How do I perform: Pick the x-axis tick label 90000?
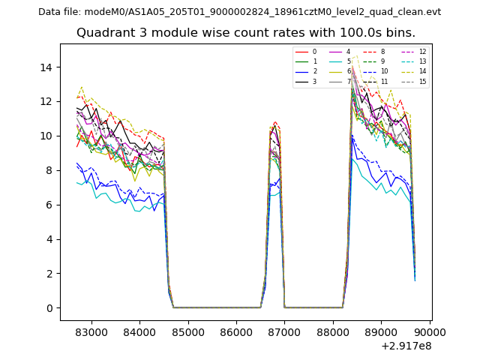[x=430, y=331]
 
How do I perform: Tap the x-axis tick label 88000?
[x=333, y=331]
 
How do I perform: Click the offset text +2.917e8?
[x=406, y=346]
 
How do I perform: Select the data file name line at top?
[x=239, y=12]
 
